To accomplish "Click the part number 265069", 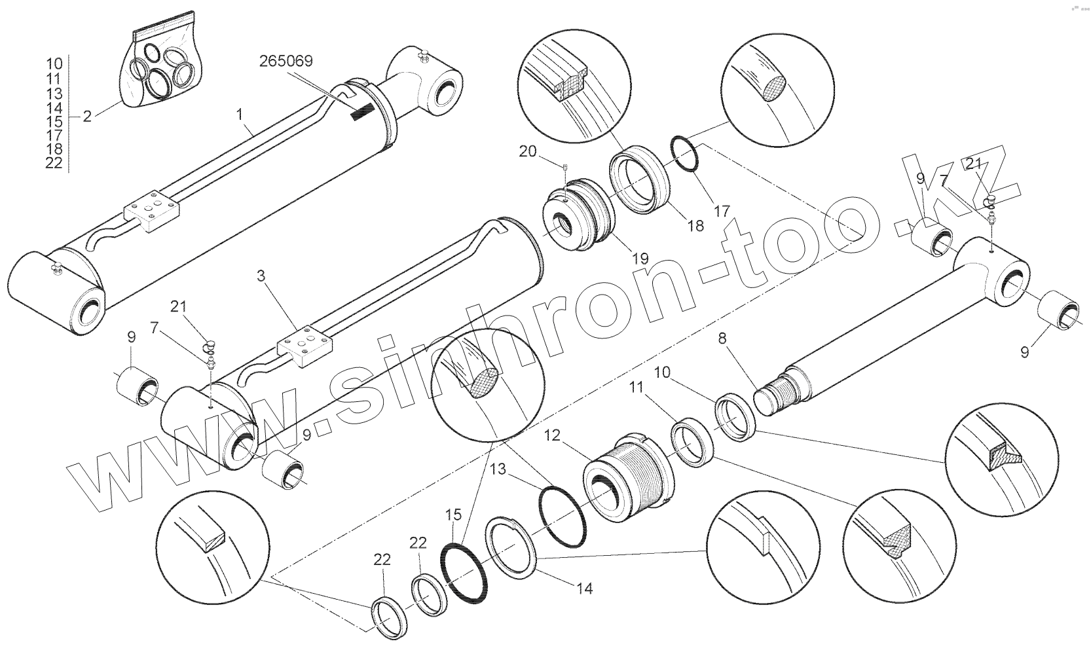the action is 286,61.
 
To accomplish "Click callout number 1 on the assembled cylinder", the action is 240,115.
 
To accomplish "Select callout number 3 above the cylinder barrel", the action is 261,276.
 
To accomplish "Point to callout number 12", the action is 552,435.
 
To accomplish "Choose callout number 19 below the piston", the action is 640,258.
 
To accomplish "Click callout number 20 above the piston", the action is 527,152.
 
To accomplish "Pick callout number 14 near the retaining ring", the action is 585,589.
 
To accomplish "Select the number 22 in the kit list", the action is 54,163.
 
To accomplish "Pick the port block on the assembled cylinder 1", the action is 152,211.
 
